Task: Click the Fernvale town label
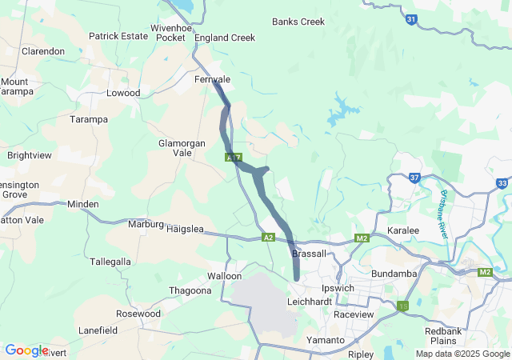coord(213,80)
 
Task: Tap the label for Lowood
coord(123,94)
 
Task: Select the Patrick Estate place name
coord(118,36)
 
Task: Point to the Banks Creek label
coord(298,22)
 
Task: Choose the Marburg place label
coord(146,224)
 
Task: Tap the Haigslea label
coord(186,229)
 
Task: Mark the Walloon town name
coord(225,276)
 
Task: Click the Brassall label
coord(309,254)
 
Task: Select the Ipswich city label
coord(337,288)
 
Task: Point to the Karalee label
coord(403,230)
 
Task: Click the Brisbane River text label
coord(442,215)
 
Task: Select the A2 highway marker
coord(269,238)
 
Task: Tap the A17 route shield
coord(233,158)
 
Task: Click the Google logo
coord(26,350)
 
